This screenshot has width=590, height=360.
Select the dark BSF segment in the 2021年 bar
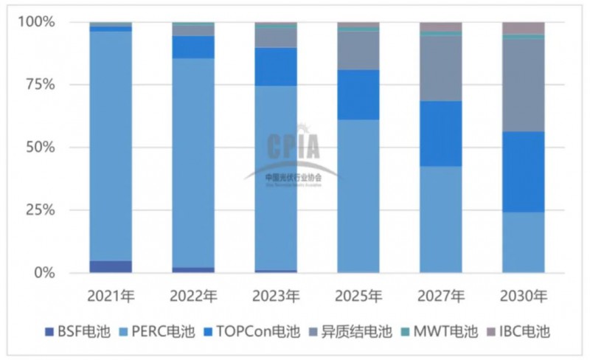[x=111, y=266]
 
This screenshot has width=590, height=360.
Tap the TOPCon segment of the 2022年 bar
[x=193, y=47]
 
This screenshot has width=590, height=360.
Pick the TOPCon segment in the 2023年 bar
[x=276, y=66]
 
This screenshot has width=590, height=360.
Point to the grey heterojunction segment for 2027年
[x=441, y=68]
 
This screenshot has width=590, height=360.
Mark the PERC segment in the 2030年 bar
[x=524, y=242]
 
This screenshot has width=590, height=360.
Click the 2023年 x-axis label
[x=276, y=297]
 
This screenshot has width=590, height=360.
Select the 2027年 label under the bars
[x=441, y=297]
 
